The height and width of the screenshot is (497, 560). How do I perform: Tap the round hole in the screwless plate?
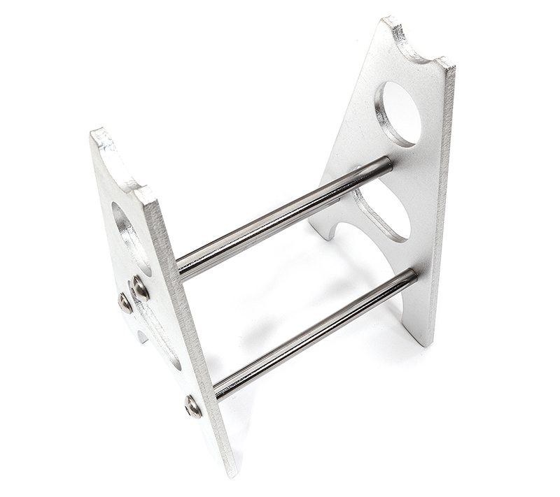pos(400,113)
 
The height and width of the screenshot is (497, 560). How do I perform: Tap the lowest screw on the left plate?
pos(193,405)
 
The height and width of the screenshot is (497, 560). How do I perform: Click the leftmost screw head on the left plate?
pos(125,302)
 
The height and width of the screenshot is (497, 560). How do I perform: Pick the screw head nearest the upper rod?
pos(139,287)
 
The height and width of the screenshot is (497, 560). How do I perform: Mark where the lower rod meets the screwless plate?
pos(412,275)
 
